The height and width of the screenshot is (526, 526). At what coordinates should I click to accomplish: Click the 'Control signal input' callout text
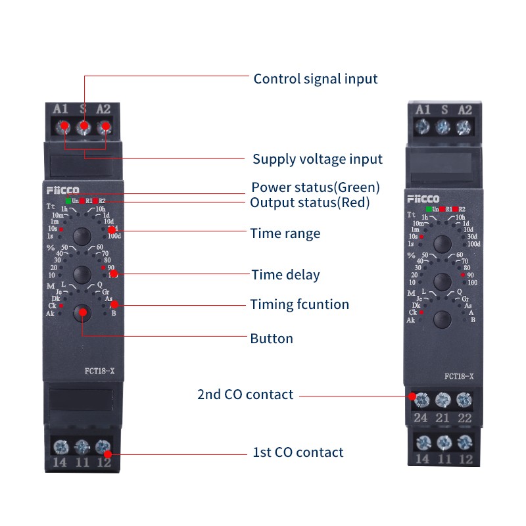coord(316,79)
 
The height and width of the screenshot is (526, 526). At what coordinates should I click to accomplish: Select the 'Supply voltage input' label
coord(318,159)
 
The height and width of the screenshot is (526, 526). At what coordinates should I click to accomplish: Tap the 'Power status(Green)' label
coord(316,187)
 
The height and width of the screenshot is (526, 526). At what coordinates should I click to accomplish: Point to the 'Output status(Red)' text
coord(310,203)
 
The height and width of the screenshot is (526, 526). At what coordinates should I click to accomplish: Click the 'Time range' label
coord(285,233)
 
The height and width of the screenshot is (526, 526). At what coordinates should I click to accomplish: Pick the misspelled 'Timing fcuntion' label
coord(299,304)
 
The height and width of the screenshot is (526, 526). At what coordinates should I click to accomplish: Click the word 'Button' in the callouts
coord(272,339)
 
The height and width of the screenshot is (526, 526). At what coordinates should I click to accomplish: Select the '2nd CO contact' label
coord(245,394)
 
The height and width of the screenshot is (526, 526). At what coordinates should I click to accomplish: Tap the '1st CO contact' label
coord(298,452)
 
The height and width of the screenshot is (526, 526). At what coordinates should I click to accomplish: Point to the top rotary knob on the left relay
coord(82,235)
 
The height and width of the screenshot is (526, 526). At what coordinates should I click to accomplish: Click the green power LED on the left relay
coord(68,201)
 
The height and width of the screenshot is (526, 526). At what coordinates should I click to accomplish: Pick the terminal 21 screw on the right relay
coord(443,399)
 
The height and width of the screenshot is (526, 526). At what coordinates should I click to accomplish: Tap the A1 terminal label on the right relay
coord(423,110)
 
